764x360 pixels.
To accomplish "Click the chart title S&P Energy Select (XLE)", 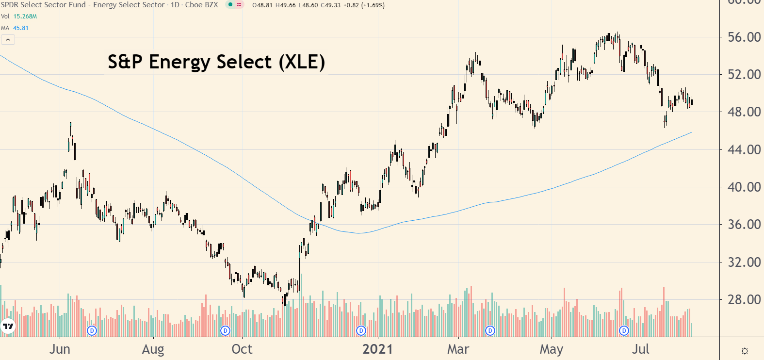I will (216, 62).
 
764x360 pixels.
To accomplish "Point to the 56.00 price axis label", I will (744, 37).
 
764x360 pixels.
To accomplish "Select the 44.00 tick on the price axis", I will (744, 150).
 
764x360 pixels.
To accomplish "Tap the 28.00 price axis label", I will (744, 300).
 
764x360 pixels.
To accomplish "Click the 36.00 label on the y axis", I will (744, 225).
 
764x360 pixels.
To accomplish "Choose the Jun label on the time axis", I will (60, 349).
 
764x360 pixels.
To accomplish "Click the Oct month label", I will (242, 349).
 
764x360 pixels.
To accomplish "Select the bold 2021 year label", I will (377, 349).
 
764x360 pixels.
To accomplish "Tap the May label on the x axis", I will (552, 349).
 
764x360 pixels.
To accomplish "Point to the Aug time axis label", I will (153, 349).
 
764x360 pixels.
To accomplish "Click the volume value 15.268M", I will (25, 16).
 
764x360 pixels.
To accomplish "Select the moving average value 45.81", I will (21, 28).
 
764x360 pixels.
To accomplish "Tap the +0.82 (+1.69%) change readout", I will (365, 5).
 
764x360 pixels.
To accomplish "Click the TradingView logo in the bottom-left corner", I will (8, 326).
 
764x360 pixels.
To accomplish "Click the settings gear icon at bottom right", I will (745, 351).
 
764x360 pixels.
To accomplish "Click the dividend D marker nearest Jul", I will (624, 331).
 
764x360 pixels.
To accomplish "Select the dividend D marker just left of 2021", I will (361, 331).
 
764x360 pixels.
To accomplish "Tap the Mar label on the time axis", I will (458, 349).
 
